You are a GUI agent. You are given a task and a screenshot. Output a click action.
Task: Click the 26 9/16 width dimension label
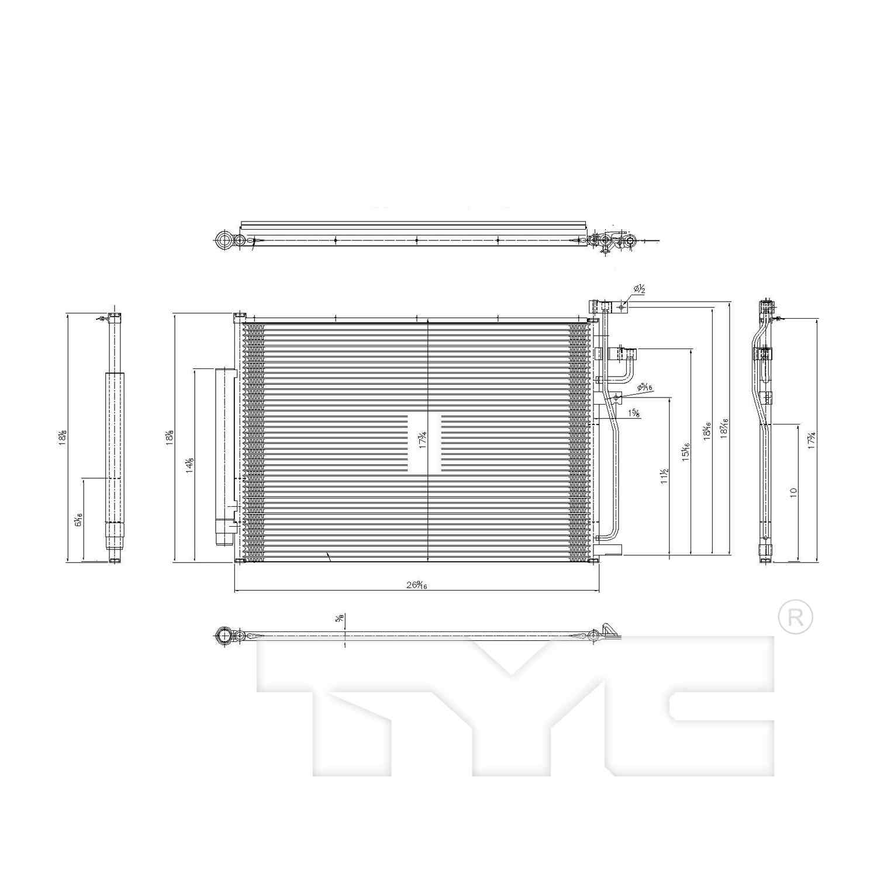click(417, 585)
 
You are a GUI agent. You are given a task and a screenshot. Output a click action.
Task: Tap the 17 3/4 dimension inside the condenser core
click(422, 440)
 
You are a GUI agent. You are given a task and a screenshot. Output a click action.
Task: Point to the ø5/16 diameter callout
click(645, 386)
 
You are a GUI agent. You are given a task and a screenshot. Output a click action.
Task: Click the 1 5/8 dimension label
click(634, 413)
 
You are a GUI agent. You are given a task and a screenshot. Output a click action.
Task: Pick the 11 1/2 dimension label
click(664, 477)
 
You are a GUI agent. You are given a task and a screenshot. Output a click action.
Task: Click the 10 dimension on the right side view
click(793, 492)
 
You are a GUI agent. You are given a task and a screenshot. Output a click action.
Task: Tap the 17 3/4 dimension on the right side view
click(812, 440)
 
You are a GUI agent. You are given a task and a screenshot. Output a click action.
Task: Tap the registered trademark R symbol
click(796, 617)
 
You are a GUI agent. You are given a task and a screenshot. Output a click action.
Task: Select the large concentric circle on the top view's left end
click(224, 240)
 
